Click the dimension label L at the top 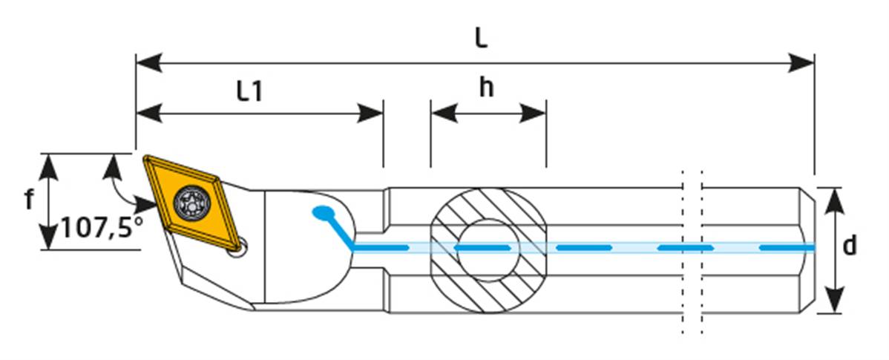click(481, 38)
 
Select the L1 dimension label click(250, 91)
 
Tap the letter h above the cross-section click(486, 88)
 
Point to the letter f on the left click(29, 199)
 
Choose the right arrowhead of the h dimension click(534, 113)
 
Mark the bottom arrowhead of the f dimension click(48, 238)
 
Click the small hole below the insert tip click(237, 251)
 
